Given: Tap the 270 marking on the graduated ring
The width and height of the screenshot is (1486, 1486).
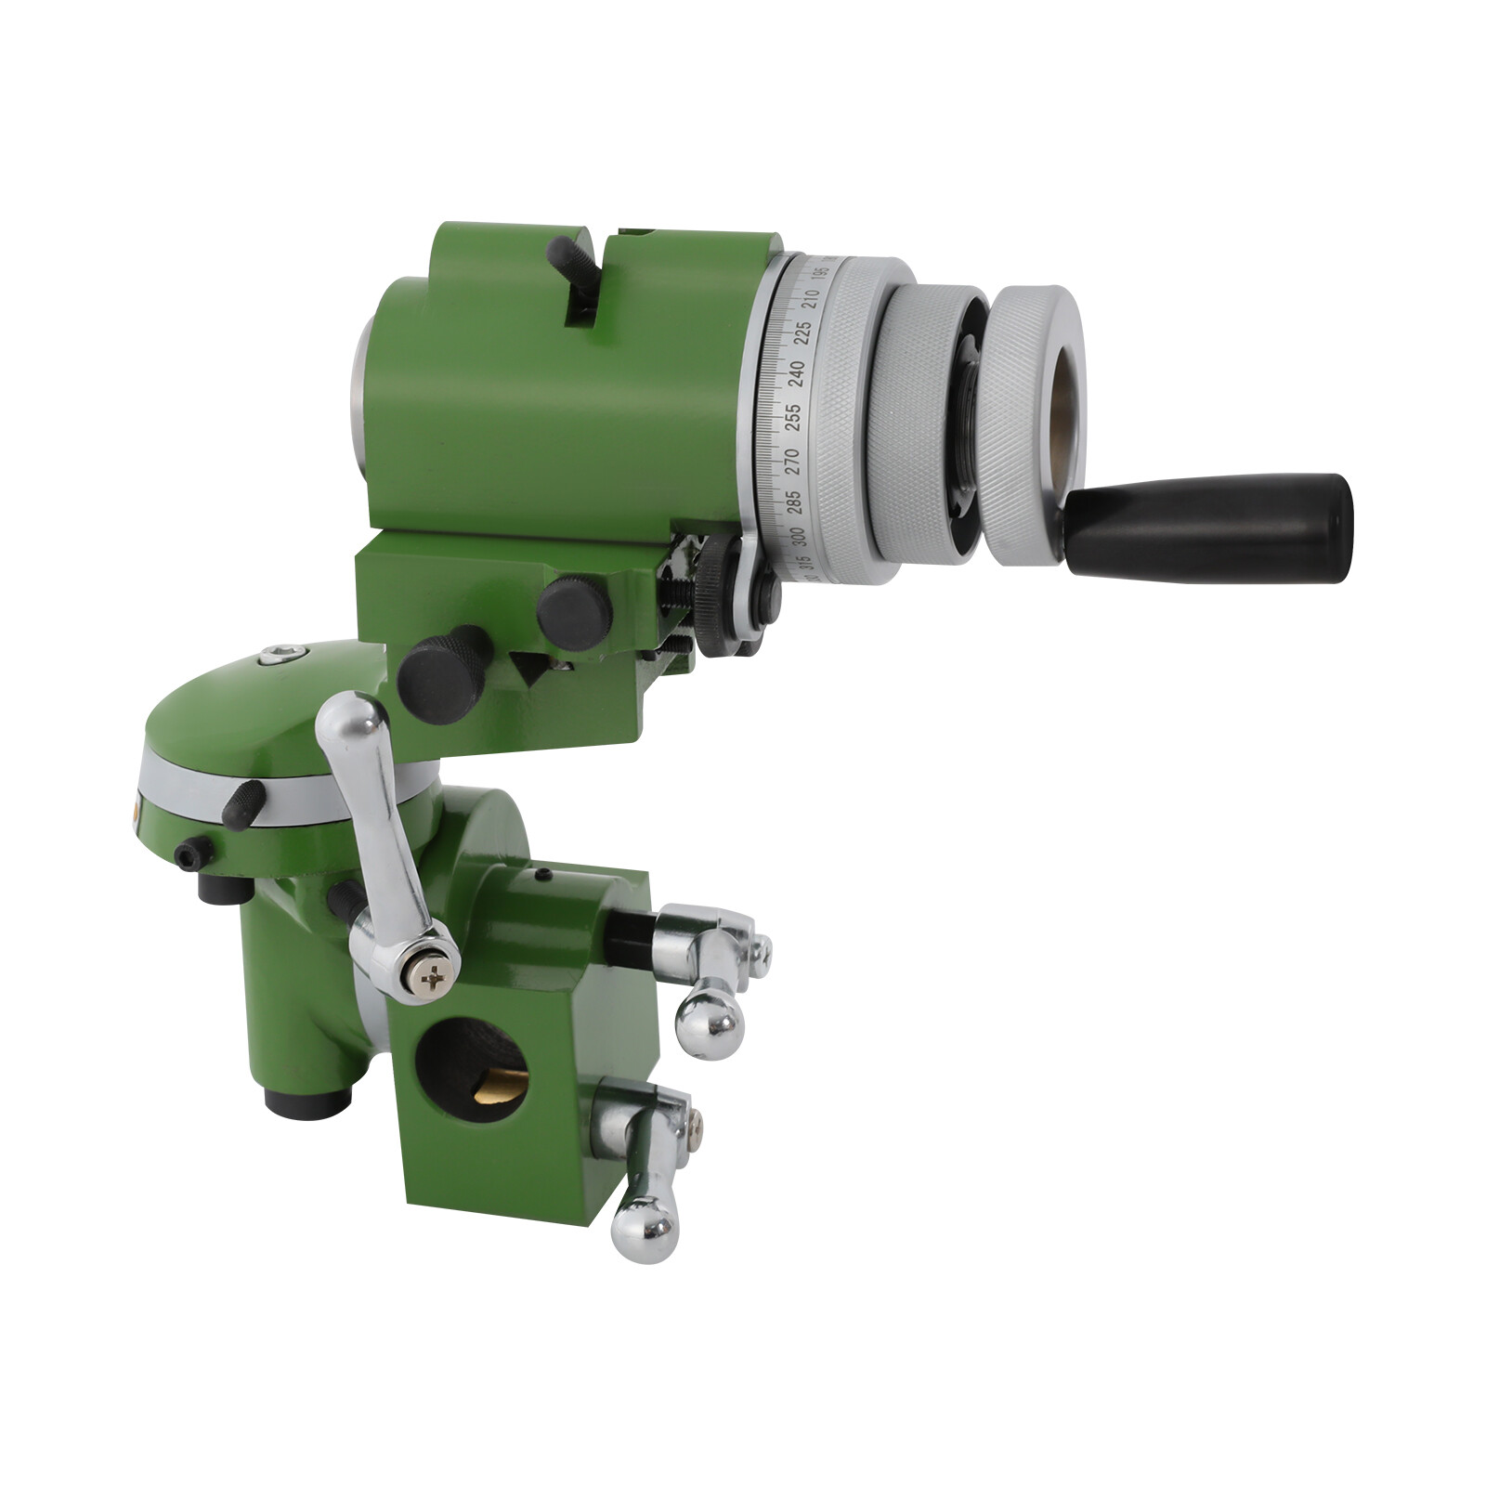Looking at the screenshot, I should [x=793, y=456].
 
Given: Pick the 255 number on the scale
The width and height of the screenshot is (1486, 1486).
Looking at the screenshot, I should [x=793, y=414].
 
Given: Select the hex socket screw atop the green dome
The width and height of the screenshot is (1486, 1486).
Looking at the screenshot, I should [x=276, y=657].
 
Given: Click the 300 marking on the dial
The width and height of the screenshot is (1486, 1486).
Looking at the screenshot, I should [x=797, y=537].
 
